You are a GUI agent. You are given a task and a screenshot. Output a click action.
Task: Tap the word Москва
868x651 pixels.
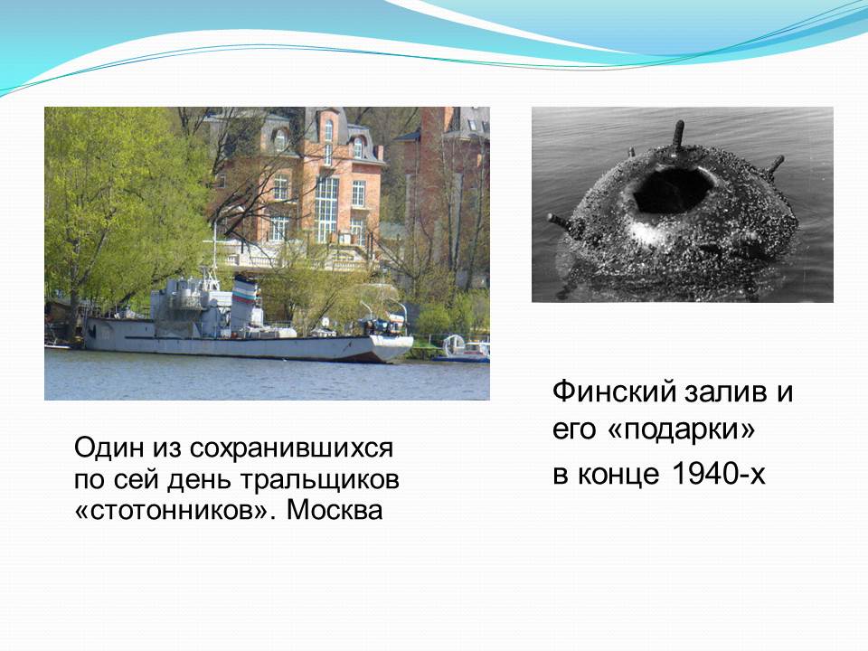[x=335, y=510]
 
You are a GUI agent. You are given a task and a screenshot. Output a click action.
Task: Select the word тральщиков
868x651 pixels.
[x=320, y=479]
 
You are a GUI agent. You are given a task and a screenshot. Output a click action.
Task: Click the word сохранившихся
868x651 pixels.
[x=291, y=448]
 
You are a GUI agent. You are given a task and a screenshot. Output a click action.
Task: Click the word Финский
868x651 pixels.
[x=614, y=392]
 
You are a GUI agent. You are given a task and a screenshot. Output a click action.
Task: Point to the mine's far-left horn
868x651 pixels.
[x=561, y=222]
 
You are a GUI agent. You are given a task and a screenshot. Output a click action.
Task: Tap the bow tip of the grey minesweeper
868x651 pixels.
[x=411, y=339]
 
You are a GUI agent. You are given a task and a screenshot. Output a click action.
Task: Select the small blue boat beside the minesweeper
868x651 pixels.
[x=462, y=352]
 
